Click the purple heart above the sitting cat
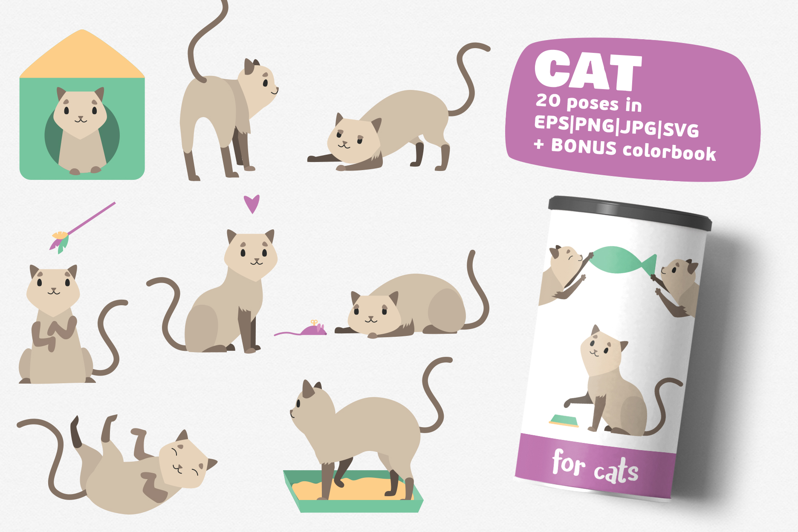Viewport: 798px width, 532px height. click(252, 203)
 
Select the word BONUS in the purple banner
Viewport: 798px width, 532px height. click(584, 147)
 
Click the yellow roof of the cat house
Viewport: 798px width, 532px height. click(82, 58)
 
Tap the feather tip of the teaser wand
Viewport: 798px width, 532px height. click(59, 241)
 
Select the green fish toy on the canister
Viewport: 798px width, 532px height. click(620, 259)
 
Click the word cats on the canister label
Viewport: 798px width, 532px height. click(616, 471)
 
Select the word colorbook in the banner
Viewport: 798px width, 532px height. click(669, 152)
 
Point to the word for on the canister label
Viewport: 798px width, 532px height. click(568, 463)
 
